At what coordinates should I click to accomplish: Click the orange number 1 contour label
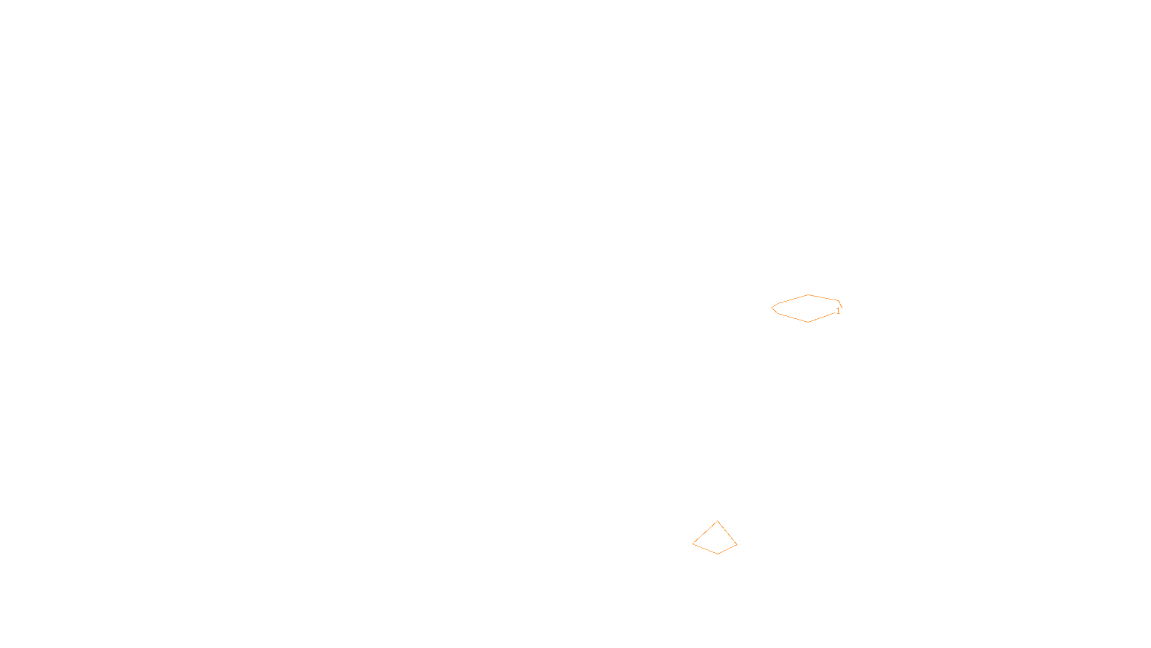click(x=838, y=311)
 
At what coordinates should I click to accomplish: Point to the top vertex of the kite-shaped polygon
click(x=717, y=521)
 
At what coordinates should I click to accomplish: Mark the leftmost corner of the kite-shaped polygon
click(x=693, y=544)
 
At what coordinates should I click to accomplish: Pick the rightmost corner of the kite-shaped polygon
click(x=737, y=544)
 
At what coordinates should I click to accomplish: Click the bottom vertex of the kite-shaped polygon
click(x=717, y=554)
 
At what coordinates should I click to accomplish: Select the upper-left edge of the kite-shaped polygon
click(x=705, y=533)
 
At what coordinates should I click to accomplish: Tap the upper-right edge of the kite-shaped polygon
click(x=727, y=533)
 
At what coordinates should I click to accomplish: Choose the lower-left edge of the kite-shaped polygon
click(x=705, y=549)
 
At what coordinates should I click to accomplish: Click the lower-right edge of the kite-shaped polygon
click(x=727, y=549)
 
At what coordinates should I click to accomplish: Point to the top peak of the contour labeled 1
click(x=809, y=294)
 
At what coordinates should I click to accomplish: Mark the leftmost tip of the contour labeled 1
click(x=772, y=308)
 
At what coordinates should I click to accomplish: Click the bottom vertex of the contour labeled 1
click(x=808, y=322)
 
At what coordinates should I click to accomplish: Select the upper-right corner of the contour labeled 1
click(x=839, y=301)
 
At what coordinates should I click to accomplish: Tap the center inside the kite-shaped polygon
click(x=716, y=541)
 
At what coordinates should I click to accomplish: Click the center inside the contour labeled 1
click(x=806, y=308)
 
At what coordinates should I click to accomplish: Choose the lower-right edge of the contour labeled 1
click(x=821, y=318)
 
